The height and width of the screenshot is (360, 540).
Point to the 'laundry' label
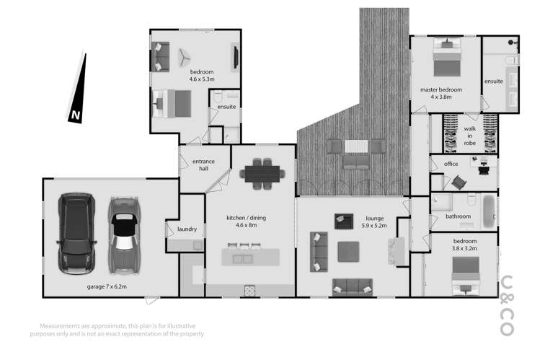pos(187,229)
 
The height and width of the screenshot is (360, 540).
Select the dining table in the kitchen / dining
pos(262,173)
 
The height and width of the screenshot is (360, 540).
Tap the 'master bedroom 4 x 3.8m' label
pos(441,93)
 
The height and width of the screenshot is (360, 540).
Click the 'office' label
pos(451,164)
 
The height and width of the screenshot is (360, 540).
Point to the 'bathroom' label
pos(457,216)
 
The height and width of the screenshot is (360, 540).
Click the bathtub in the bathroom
pos(489,208)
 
